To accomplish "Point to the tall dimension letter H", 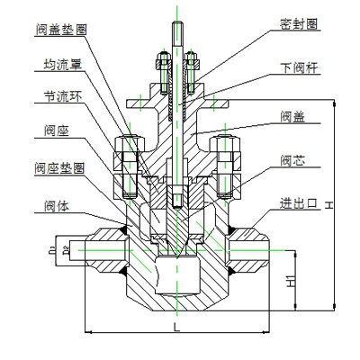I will [330, 206].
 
